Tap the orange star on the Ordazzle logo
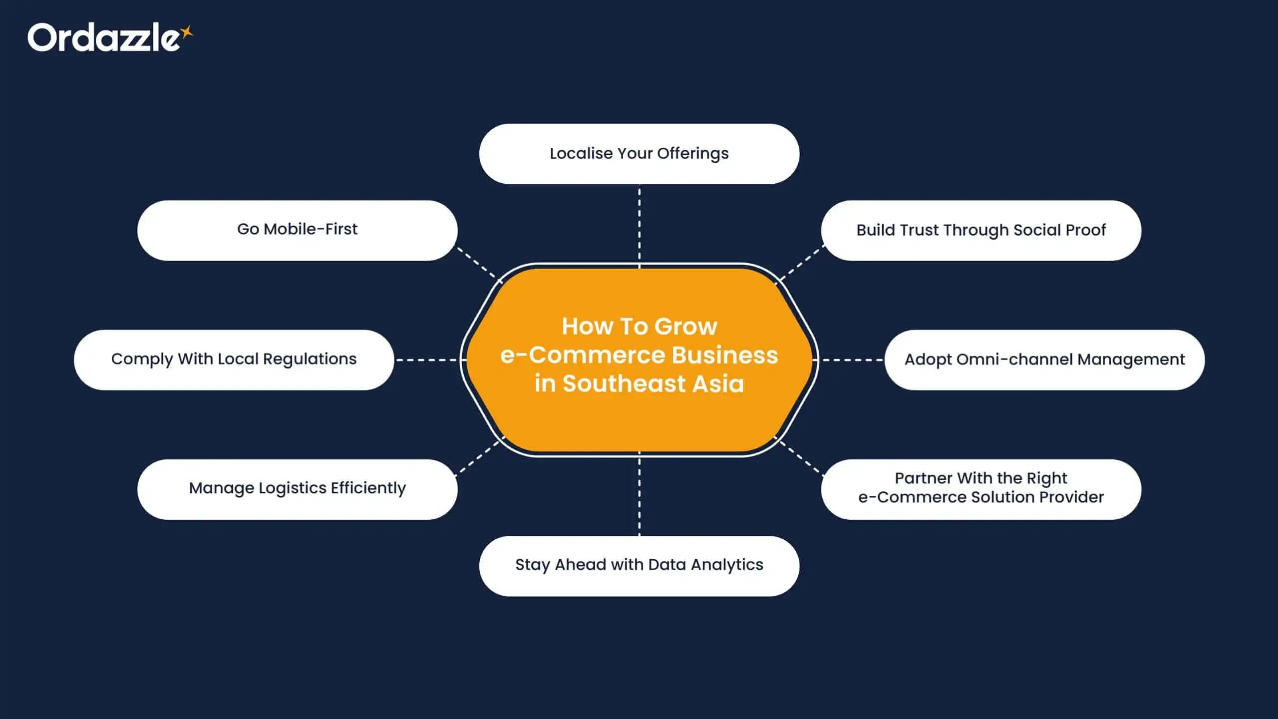coord(187,32)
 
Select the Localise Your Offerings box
coord(639,154)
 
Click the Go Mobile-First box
coord(297,230)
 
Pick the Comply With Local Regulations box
coord(234,359)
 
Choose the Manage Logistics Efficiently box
coord(297,489)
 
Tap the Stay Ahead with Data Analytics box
coord(639,566)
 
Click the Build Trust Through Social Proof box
coord(981,230)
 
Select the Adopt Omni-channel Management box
coord(1044,359)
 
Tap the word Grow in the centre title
coord(685,327)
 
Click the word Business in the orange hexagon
coord(724,355)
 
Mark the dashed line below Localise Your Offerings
coord(639,225)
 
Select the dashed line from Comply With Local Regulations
coord(427,359)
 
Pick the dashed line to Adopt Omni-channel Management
coord(852,359)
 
